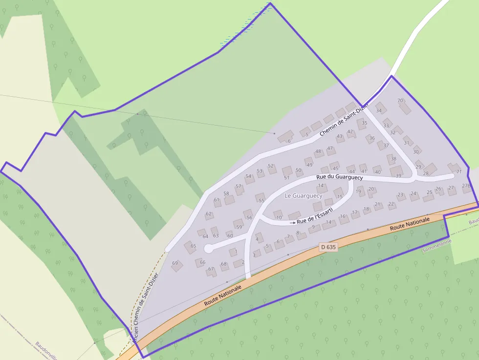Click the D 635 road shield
tap(328, 247)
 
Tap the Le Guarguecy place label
tap(304, 195)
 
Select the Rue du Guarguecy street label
tap(340, 177)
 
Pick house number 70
tap(400, 101)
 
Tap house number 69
tap(175, 263)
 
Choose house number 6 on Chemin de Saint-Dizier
tap(289, 141)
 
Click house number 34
tap(379, 110)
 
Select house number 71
tap(458, 171)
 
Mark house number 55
tap(261, 200)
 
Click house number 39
tap(398, 175)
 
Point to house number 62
tap(209, 214)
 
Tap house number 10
tap(279, 217)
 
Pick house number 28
tap(426, 173)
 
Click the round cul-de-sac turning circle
tap(208, 249)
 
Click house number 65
tap(193, 246)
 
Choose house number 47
tap(330, 148)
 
